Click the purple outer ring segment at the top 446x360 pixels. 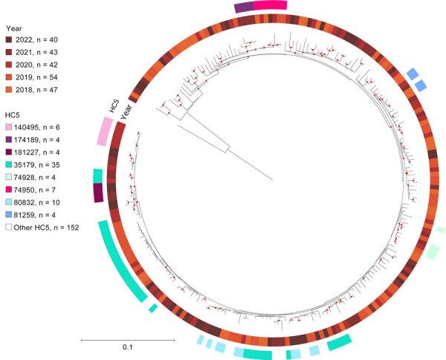(244, 7)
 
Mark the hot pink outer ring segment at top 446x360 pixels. (269, 5)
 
